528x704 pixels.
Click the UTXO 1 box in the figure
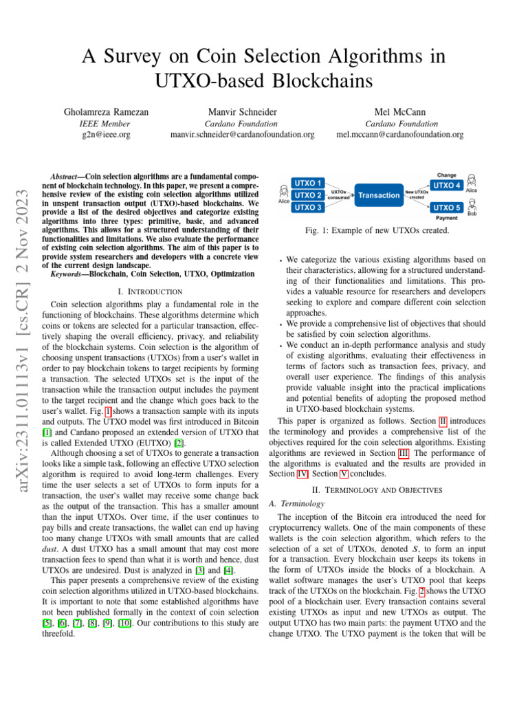coord(309,184)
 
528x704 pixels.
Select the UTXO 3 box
coord(309,207)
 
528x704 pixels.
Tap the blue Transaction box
coord(379,195)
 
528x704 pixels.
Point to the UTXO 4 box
coord(447,184)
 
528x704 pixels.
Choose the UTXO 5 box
coord(447,207)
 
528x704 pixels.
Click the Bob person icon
coord(472,205)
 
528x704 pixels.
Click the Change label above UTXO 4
coord(448,175)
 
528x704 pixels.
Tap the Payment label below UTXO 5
coord(447,217)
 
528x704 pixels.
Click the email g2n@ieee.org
coord(107,135)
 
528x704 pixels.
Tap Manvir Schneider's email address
coord(242,135)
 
